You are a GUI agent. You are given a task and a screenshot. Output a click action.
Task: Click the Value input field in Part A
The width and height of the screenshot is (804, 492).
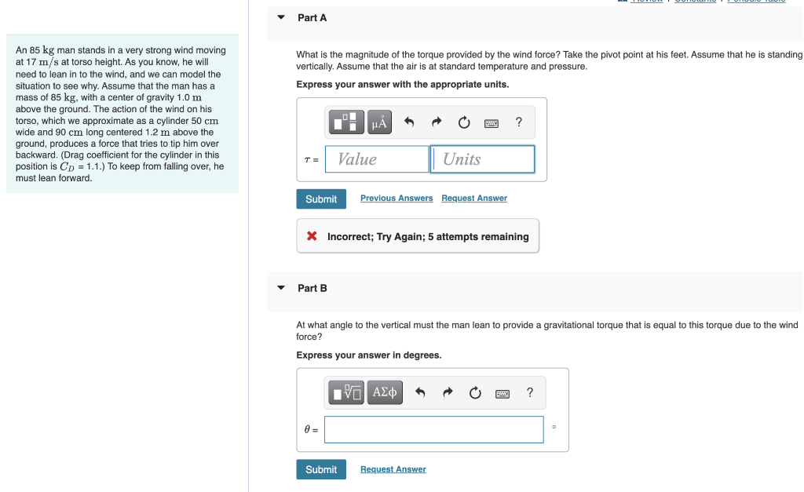(377, 159)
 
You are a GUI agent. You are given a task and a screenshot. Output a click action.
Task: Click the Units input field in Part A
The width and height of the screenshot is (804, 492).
(483, 159)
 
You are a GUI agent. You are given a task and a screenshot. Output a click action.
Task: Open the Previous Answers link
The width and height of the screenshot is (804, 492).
(397, 199)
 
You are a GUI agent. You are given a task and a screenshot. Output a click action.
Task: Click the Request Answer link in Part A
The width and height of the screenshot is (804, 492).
(474, 199)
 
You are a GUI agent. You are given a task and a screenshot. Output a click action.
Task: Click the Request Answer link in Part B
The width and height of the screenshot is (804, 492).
(393, 469)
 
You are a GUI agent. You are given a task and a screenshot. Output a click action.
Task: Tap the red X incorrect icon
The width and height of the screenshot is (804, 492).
(312, 236)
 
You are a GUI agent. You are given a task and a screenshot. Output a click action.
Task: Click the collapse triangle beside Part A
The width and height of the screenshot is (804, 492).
(281, 17)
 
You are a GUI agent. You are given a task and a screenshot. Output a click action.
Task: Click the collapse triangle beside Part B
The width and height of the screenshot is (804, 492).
(281, 288)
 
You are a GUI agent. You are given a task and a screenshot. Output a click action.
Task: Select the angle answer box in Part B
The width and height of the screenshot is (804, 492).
(433, 429)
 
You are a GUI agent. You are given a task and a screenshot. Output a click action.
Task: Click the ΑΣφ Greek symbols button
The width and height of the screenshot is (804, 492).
(385, 392)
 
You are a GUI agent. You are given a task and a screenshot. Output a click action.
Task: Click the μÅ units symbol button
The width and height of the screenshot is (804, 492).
(379, 122)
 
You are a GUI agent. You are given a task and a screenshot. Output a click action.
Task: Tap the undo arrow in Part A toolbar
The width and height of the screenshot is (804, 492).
(408, 122)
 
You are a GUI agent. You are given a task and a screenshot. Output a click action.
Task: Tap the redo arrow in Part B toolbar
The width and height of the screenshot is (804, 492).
(448, 392)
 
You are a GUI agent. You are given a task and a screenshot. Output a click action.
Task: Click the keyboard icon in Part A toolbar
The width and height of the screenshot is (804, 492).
(492, 122)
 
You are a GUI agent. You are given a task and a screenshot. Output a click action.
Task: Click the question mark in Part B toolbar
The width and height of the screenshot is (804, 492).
(530, 392)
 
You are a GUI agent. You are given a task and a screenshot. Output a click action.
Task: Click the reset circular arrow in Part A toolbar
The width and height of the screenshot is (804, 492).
(464, 122)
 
